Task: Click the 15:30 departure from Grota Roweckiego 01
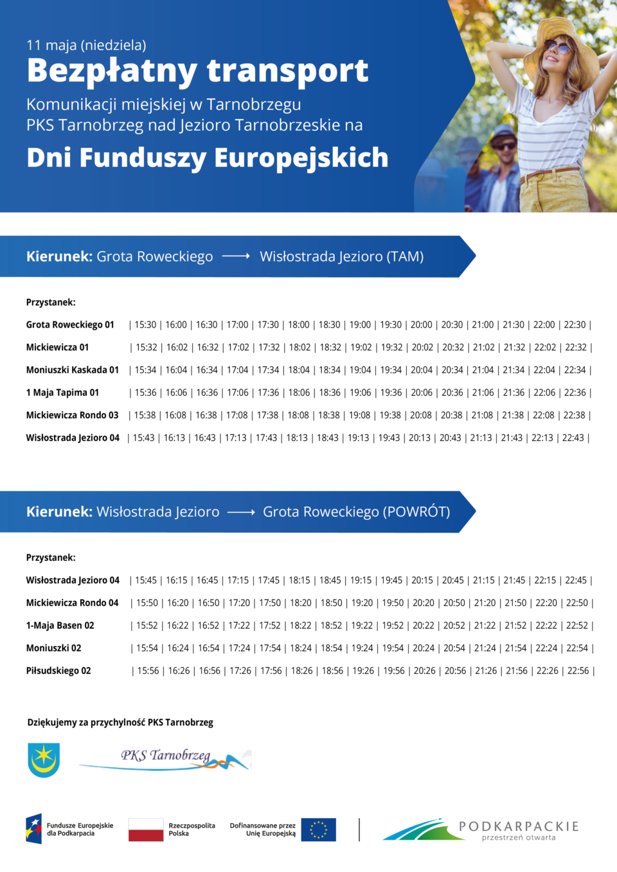145,325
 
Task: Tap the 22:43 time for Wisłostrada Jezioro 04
573,438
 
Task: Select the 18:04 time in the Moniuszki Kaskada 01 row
299,370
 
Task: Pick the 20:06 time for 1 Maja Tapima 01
422,393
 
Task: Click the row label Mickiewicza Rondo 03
72,415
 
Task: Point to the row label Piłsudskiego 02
58,671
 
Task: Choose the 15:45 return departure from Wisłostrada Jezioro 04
146,580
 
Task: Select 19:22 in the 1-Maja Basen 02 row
362,626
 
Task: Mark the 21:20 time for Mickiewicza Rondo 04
485,603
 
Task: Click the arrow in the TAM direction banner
236,256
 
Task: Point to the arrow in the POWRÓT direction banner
241,512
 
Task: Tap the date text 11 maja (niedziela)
86,45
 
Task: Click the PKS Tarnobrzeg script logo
166,758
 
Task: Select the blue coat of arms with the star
44,760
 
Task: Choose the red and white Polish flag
146,830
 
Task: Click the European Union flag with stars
318,830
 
